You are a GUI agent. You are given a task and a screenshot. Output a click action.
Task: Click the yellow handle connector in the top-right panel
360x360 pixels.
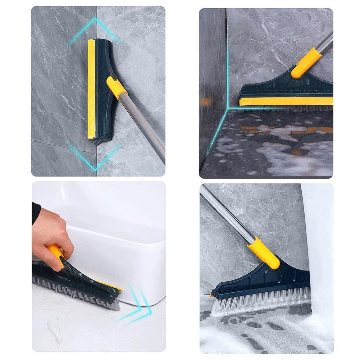pyautogui.click(x=305, y=64)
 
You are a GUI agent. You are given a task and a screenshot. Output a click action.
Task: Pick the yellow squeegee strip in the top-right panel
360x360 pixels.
pyautogui.click(x=284, y=101)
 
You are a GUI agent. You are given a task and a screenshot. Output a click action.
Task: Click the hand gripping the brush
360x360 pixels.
pyautogui.click(x=54, y=230)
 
